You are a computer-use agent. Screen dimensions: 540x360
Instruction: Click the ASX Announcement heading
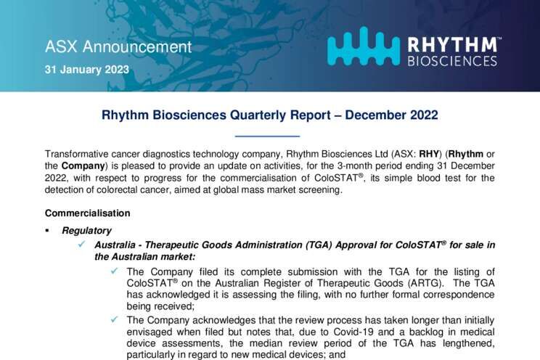point(118,47)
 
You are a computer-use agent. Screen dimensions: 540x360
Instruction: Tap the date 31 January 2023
point(87,70)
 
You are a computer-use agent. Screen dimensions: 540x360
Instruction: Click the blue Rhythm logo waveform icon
point(364,46)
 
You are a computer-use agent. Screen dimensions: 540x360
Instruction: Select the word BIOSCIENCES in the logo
point(452,61)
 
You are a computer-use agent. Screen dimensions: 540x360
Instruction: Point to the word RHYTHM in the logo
point(453,45)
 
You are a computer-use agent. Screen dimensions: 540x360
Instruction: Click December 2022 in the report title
point(391,115)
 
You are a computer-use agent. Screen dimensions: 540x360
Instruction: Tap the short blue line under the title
point(267,136)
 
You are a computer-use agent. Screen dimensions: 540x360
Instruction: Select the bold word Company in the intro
point(83,165)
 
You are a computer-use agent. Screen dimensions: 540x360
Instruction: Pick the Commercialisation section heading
point(88,213)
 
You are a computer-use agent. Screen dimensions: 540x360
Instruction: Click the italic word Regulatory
point(87,231)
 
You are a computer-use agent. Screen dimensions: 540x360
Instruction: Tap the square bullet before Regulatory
point(47,231)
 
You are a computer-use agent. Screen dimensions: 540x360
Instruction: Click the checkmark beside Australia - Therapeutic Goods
point(81,245)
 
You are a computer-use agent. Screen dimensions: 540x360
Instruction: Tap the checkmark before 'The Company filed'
point(114,271)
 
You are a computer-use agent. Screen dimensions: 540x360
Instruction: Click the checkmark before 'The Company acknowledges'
point(114,319)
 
